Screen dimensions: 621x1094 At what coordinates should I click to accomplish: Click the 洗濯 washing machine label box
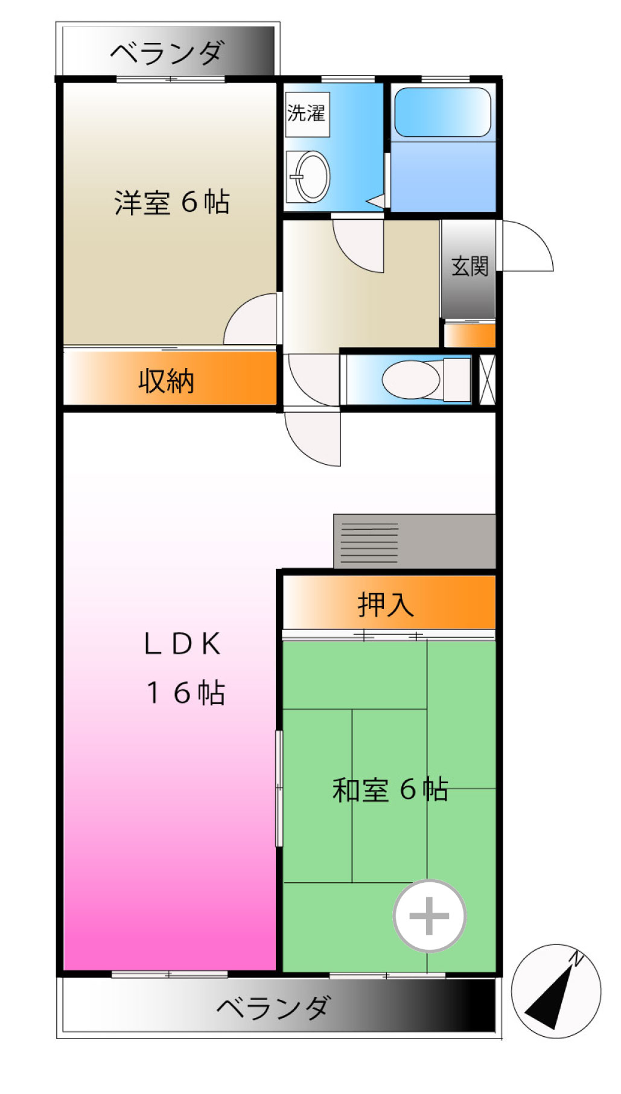click(307, 114)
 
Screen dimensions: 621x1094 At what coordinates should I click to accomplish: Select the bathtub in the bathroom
click(442, 112)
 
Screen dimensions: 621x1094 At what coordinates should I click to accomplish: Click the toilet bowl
click(412, 380)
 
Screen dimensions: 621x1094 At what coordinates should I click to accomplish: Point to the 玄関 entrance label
click(470, 266)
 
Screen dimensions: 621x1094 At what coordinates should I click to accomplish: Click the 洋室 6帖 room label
click(172, 202)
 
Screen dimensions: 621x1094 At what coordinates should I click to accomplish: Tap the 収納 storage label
click(166, 381)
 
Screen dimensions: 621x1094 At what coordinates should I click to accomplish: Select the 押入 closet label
click(386, 605)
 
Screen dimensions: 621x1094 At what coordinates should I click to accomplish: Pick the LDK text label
click(183, 644)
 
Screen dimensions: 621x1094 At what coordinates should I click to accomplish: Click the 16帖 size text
click(185, 693)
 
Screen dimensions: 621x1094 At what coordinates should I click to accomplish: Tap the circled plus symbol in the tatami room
click(429, 916)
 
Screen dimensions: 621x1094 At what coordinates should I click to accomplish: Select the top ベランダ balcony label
click(167, 53)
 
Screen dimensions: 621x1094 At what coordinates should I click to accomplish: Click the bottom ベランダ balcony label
click(273, 1007)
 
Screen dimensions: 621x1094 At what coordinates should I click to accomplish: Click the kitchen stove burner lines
click(369, 542)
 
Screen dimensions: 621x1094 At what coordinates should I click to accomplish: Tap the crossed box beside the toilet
click(486, 380)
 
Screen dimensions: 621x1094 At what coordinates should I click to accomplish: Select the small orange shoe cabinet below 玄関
click(470, 336)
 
